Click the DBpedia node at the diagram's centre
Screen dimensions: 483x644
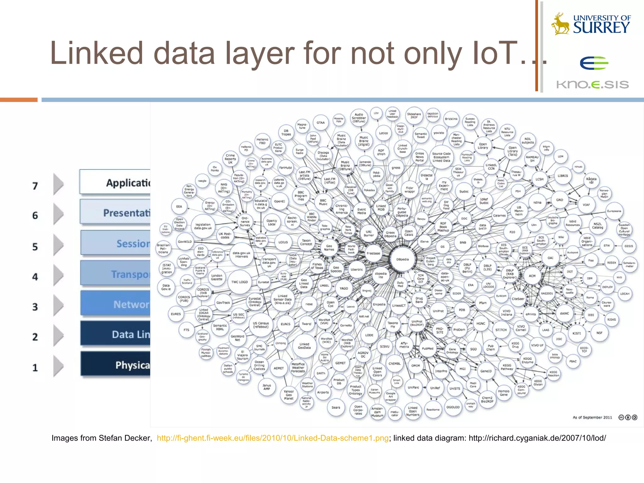click(x=402, y=259)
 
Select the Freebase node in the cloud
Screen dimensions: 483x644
click(x=373, y=253)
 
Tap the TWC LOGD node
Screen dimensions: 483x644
click(x=240, y=282)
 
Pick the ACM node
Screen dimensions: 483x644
click(x=532, y=276)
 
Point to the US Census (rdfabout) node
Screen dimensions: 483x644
click(x=261, y=325)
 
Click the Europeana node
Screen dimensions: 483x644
click(x=614, y=211)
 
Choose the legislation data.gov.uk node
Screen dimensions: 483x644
click(x=203, y=226)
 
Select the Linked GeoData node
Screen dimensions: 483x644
click(x=304, y=346)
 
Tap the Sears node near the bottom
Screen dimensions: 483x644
click(x=336, y=408)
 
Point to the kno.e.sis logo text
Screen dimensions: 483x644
click(x=592, y=85)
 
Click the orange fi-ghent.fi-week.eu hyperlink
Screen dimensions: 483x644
click(x=273, y=438)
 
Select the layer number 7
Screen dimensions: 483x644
click(x=35, y=186)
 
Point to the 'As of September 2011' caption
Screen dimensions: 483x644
click(x=592, y=417)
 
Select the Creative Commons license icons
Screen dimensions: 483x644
click(x=628, y=417)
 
